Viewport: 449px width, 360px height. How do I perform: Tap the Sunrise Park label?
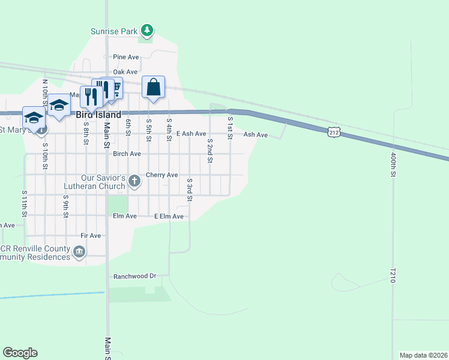pyautogui.click(x=114, y=31)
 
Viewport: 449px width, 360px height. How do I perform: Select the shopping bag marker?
pyautogui.click(x=154, y=87)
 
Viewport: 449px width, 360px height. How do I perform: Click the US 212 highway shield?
pyautogui.click(x=335, y=131)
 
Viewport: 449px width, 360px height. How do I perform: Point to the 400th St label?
pyautogui.click(x=394, y=163)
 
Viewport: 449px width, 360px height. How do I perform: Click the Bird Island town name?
pyautogui.click(x=98, y=114)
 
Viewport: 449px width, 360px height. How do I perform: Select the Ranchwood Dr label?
pyautogui.click(x=134, y=277)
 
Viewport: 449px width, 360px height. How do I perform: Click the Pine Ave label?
pyautogui.click(x=126, y=57)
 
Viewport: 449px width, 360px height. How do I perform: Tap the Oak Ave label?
pyautogui.click(x=126, y=72)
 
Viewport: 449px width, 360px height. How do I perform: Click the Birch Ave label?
pyautogui.click(x=127, y=154)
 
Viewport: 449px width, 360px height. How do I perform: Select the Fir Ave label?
pyautogui.click(x=91, y=236)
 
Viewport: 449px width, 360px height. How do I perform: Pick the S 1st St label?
pyautogui.click(x=230, y=128)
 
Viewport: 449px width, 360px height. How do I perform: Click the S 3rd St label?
pyautogui.click(x=189, y=188)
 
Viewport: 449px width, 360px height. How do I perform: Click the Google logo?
pyautogui.click(x=20, y=353)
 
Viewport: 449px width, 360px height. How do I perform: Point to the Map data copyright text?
pyautogui.click(x=423, y=355)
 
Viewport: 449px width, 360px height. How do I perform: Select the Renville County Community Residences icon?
pyautogui.click(x=79, y=253)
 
